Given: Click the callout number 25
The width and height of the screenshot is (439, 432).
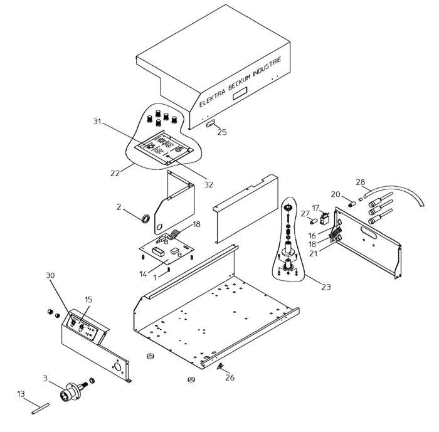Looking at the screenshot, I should point(222,132).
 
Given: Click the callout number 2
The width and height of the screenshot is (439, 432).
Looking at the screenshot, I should point(119,206).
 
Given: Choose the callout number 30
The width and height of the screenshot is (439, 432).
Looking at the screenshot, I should point(51,275).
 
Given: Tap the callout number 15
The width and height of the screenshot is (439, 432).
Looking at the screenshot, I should point(88,300).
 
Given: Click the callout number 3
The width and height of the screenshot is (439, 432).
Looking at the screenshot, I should point(45,378).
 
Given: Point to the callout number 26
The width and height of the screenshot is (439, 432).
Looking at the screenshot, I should point(230,377).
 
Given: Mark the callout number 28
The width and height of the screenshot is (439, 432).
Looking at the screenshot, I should point(360,182).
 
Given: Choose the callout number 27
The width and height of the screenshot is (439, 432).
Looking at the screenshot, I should point(305,214).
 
